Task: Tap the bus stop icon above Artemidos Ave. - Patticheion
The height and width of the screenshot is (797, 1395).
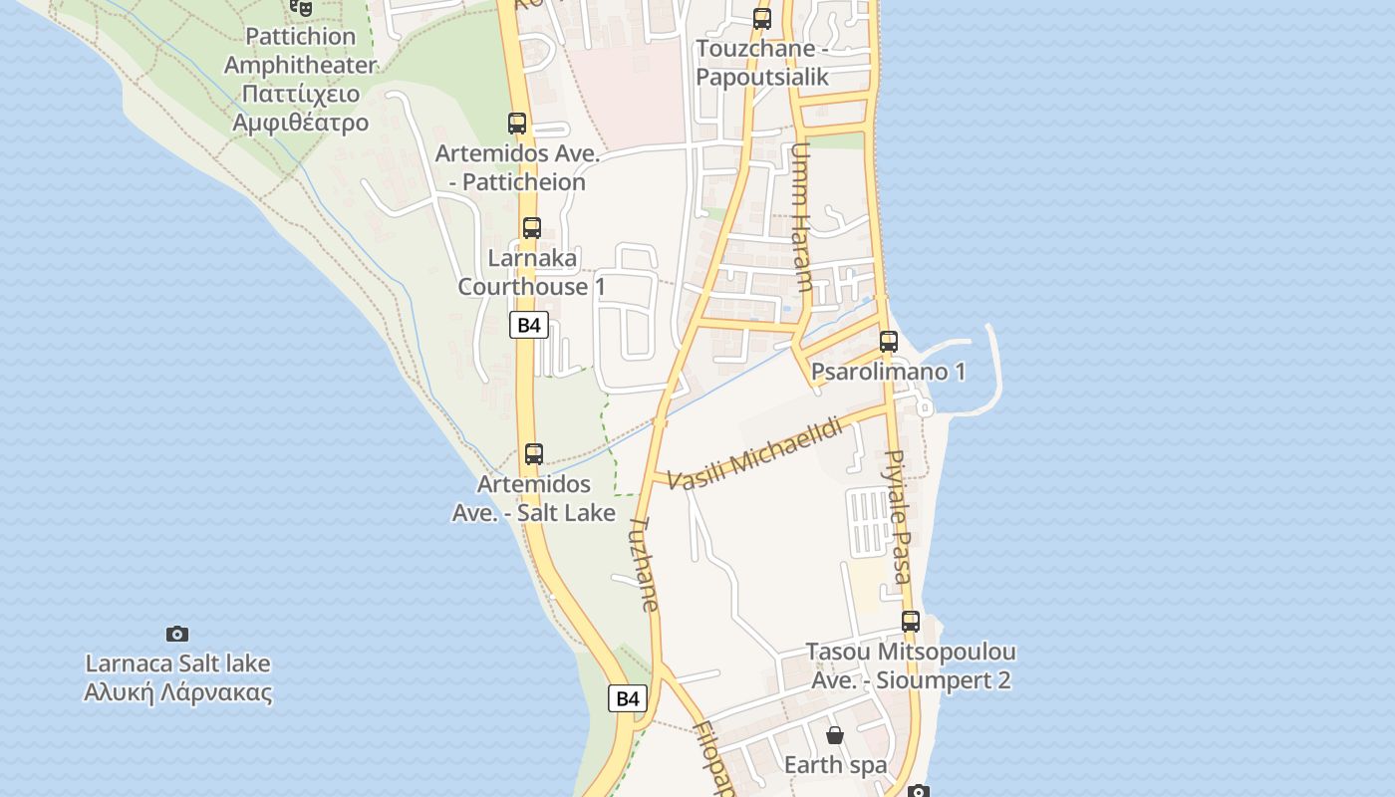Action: (517, 124)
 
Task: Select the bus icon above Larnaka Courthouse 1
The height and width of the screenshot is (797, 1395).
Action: (532, 227)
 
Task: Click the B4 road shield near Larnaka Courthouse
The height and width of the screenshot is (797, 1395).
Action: (529, 325)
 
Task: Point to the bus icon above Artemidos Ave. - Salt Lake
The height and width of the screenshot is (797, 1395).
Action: (534, 454)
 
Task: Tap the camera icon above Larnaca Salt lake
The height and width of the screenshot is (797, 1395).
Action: (177, 634)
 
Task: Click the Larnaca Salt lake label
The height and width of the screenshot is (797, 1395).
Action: (178, 677)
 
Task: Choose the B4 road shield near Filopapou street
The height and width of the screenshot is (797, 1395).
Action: (628, 698)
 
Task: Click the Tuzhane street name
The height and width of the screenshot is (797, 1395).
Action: (644, 562)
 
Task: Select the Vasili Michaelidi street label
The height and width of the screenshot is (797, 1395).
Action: (754, 454)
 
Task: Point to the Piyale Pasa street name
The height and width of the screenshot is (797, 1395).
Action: (898, 516)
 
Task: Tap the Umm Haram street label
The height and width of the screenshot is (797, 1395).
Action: (801, 217)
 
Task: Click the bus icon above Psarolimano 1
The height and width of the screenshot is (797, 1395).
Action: (889, 342)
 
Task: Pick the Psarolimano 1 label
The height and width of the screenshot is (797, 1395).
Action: (888, 373)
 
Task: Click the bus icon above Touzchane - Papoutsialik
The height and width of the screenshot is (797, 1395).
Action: (762, 18)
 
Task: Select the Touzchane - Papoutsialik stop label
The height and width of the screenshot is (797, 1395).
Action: (762, 63)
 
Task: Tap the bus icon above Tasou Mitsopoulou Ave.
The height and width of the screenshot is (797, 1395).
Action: (911, 622)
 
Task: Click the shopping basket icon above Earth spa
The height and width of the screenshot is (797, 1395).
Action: (835, 735)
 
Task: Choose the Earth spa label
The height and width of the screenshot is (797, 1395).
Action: (835, 765)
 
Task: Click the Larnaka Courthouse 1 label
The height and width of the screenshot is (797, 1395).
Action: (531, 272)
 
